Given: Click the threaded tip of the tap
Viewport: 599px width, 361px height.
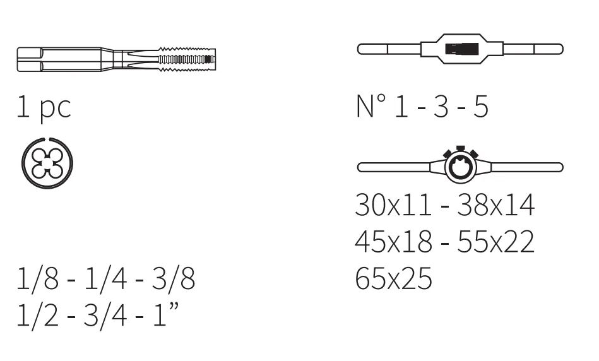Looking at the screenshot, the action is (187, 59).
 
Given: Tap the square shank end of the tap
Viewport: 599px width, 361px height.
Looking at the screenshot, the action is (30, 59).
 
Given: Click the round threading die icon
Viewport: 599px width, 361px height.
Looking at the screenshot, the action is (47, 163).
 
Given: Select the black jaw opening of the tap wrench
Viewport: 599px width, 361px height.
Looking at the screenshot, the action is (462, 49).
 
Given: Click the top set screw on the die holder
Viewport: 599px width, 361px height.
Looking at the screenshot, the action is (460, 148).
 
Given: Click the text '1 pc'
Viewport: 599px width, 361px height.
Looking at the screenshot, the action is (44, 108).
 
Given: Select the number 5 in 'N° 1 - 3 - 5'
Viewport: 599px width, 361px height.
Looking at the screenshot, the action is (481, 106).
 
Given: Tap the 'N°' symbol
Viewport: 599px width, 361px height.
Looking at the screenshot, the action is (371, 106).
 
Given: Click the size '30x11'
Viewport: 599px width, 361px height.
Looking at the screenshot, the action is (393, 205).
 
